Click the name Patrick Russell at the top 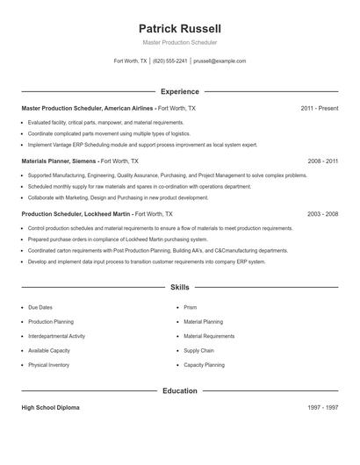coord(179,28)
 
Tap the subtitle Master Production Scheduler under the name coord(179,42)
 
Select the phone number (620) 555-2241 coord(169,61)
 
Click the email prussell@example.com coord(220,61)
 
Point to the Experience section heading coord(179,91)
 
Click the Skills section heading coord(179,287)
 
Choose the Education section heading coord(179,390)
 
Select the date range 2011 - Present coord(319,108)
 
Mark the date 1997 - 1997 coord(321,408)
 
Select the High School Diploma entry coord(50,408)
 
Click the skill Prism coord(191,308)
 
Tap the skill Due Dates coord(40,308)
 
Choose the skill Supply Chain coord(198,350)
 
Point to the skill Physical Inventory coord(49,364)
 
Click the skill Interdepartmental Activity coord(56,336)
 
